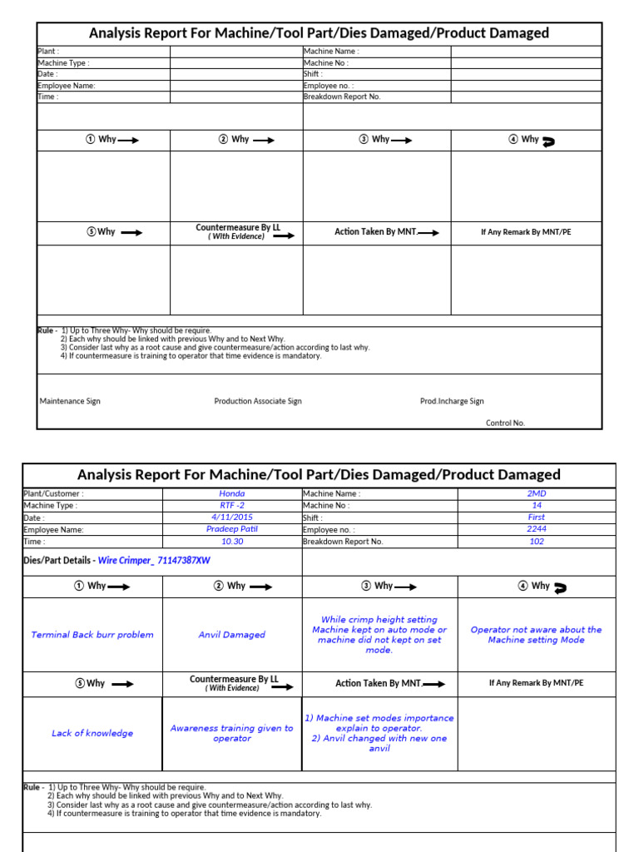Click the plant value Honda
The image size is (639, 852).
pos(232,493)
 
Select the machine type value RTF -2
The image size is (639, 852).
pos(232,505)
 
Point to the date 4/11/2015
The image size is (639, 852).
pos(232,517)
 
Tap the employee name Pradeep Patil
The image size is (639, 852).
pos(232,529)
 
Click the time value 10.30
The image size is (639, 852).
pos(232,541)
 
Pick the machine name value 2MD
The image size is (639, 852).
pos(537,493)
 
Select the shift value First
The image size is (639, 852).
pos(537,517)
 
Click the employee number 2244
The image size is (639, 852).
pos(537,529)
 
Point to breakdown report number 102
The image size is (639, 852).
pos(537,541)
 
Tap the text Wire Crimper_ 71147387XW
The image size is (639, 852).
pos(154,561)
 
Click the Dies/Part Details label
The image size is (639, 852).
pos(59,561)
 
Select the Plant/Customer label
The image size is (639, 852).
pos(53,493)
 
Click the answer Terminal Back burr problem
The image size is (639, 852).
pos(92,635)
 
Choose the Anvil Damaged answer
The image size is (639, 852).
pos(232,635)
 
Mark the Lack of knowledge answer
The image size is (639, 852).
pos(92,733)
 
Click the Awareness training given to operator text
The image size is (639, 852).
pos(232,733)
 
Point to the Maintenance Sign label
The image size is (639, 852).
pos(70,401)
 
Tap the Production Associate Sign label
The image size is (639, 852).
pos(258,401)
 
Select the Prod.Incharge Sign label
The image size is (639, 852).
pos(452,401)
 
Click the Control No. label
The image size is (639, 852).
pos(505,423)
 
